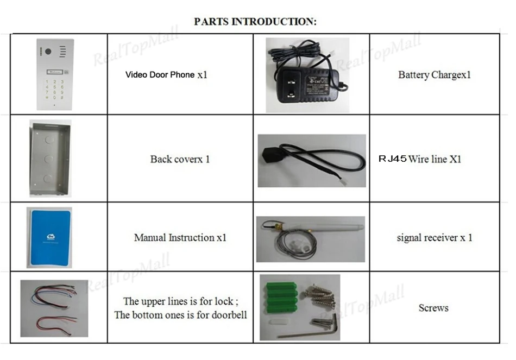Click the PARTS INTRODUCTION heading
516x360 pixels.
tap(255, 22)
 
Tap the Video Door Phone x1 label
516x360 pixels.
tap(166, 74)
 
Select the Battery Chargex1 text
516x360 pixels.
tap(434, 75)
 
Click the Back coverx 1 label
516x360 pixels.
tap(180, 159)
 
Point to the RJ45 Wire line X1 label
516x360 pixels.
tap(420, 159)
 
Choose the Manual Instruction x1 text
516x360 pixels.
tap(180, 237)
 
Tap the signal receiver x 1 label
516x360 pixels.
tap(435, 237)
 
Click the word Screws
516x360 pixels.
tap(433, 308)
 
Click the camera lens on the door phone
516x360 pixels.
tap(47, 52)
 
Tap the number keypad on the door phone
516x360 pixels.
tap(54, 88)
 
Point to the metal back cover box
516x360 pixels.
tap(48, 159)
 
